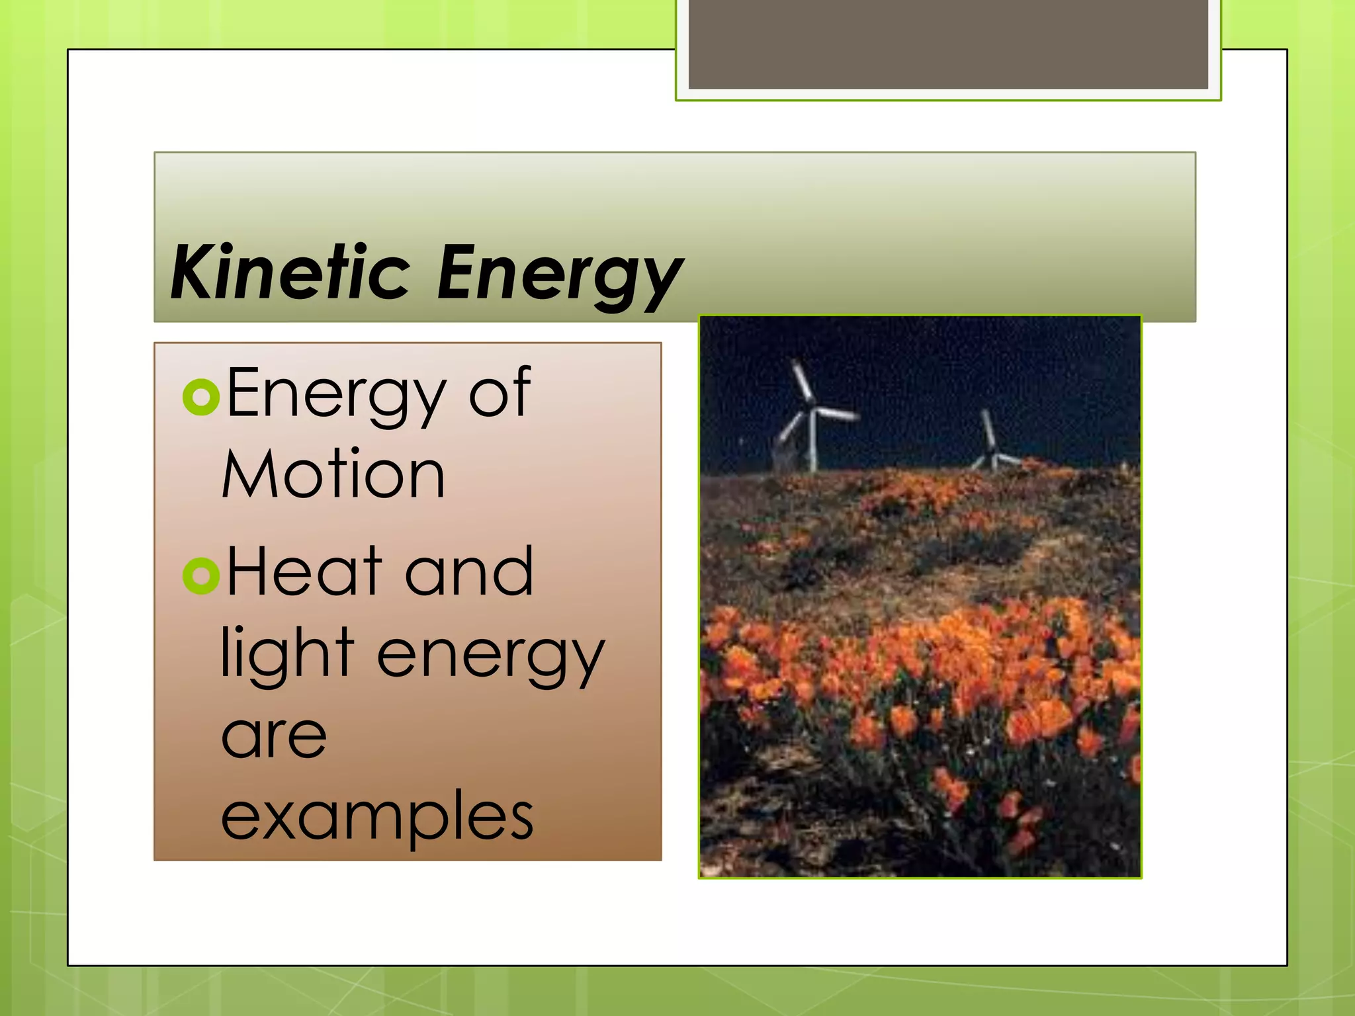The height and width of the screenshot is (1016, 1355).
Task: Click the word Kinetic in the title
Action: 289,273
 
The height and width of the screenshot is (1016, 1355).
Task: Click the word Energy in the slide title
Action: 559,275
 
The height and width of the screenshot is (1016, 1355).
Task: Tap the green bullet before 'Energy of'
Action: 200,397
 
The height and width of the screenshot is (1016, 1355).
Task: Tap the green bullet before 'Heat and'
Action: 200,575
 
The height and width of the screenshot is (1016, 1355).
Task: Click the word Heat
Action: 304,571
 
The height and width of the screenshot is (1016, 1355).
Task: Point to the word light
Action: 287,654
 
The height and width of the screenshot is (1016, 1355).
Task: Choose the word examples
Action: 377,817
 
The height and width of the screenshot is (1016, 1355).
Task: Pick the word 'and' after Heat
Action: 468,571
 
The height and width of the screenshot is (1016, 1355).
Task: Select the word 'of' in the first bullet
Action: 499,394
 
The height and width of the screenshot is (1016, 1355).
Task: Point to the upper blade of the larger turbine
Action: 802,382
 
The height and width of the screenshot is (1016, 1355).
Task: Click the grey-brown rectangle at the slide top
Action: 947,44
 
